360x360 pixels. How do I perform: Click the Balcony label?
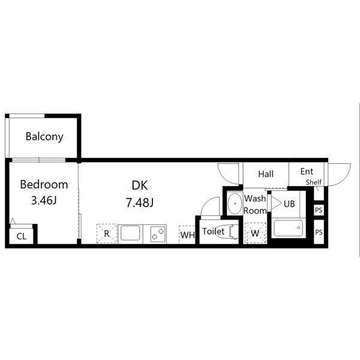[44, 137]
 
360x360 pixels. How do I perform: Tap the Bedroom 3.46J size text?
[44, 200]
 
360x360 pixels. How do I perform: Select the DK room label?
[140, 185]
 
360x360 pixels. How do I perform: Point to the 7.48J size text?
[140, 203]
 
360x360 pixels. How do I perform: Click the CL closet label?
[22, 236]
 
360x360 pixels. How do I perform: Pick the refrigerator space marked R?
[107, 233]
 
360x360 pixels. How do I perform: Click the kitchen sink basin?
[130, 233]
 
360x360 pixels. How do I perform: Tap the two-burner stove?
[158, 234]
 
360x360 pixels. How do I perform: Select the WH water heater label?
[187, 235]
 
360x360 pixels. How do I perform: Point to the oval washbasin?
[235, 203]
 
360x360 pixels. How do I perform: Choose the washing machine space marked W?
[255, 233]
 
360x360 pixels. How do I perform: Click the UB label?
[289, 203]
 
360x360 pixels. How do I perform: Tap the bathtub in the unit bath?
[289, 228]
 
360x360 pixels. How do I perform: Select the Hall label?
[266, 174]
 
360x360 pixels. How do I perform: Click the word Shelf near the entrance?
[314, 182]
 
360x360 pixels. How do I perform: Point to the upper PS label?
[319, 210]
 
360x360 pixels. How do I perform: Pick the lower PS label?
[319, 232]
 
